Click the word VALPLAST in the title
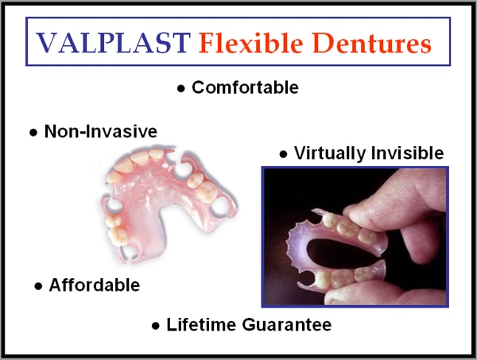tap(113, 43)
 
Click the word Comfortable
tap(245, 87)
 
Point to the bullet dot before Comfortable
tap(181, 88)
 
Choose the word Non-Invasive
tap(101, 131)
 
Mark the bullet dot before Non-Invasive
tap(33, 133)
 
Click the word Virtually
tap(330, 153)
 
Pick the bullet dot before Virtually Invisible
tap(283, 154)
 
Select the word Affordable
tap(95, 285)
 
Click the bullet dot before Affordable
tap(38, 286)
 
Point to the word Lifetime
tap(201, 324)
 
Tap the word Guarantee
tap(287, 324)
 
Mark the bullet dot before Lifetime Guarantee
tap(156, 326)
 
